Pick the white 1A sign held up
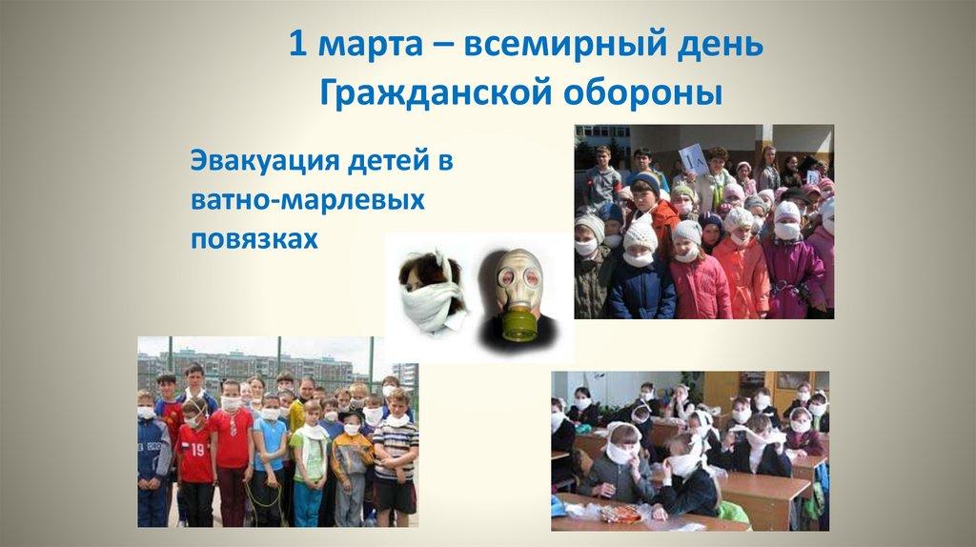point(693,156)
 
